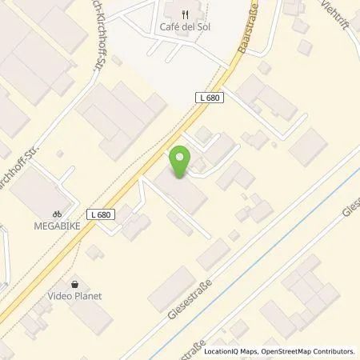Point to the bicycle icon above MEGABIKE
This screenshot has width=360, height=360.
tap(57, 214)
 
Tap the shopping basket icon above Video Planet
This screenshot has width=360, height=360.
tap(76, 283)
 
